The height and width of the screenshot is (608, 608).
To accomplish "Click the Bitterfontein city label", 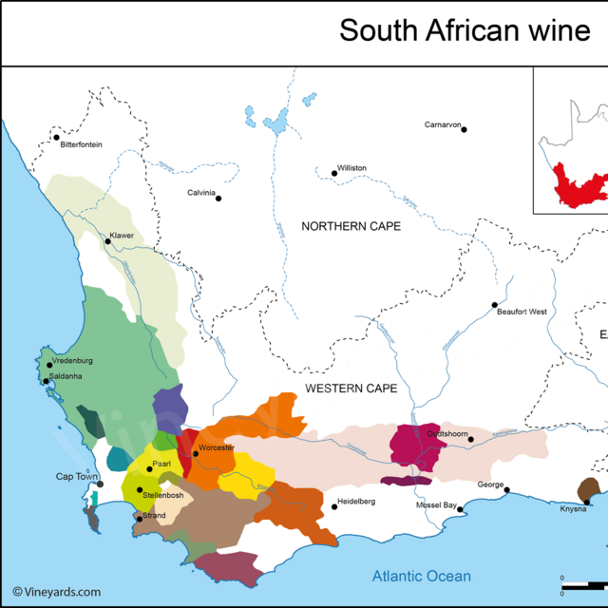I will [81, 144].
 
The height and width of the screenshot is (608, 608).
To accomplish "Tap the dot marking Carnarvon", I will [465, 129].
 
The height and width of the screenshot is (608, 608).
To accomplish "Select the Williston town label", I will [351, 168].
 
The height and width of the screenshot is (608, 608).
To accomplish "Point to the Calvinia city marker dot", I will [218, 198].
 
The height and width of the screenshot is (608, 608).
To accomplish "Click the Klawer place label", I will [122, 235].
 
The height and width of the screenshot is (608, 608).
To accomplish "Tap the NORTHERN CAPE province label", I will [351, 226].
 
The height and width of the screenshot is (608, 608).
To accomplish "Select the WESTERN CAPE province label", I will [351, 389].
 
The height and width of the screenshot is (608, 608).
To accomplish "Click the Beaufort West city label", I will [522, 312].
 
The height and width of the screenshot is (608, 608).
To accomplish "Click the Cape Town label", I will [77, 477].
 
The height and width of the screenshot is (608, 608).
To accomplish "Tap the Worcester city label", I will [217, 447].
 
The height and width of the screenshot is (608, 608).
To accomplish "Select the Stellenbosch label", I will [163, 496].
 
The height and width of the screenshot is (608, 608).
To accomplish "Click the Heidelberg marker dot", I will [334, 506].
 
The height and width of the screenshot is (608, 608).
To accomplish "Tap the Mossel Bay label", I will [436, 505].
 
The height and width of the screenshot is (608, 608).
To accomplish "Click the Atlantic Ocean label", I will [421, 576].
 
